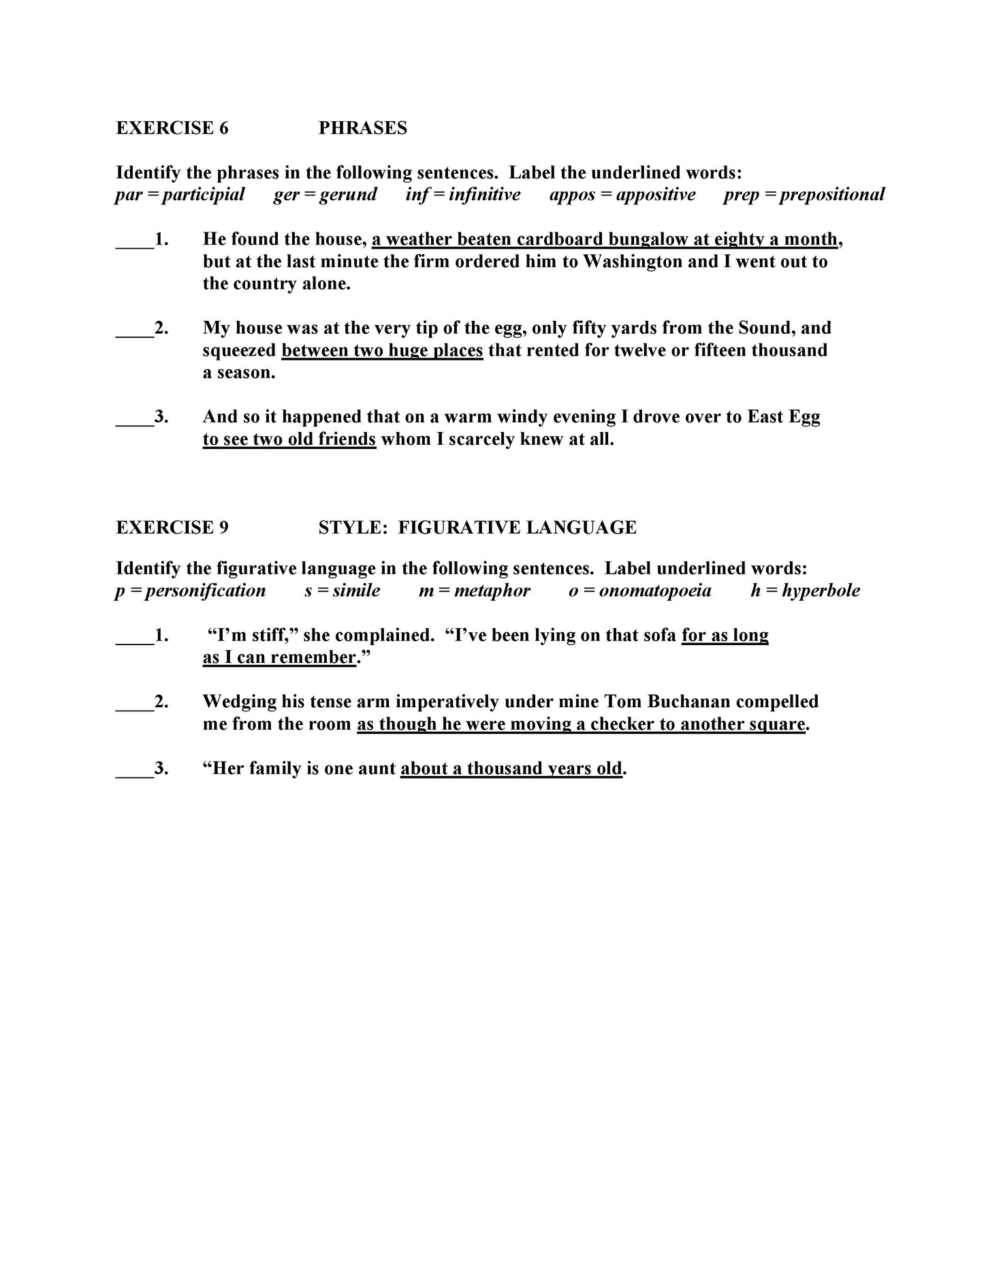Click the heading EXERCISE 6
172,128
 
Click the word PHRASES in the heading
362,128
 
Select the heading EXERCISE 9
172,527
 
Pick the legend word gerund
348,195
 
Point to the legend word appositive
656,195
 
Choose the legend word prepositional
832,195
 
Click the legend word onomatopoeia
655,591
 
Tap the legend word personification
205,591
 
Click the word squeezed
239,351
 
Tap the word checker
622,724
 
